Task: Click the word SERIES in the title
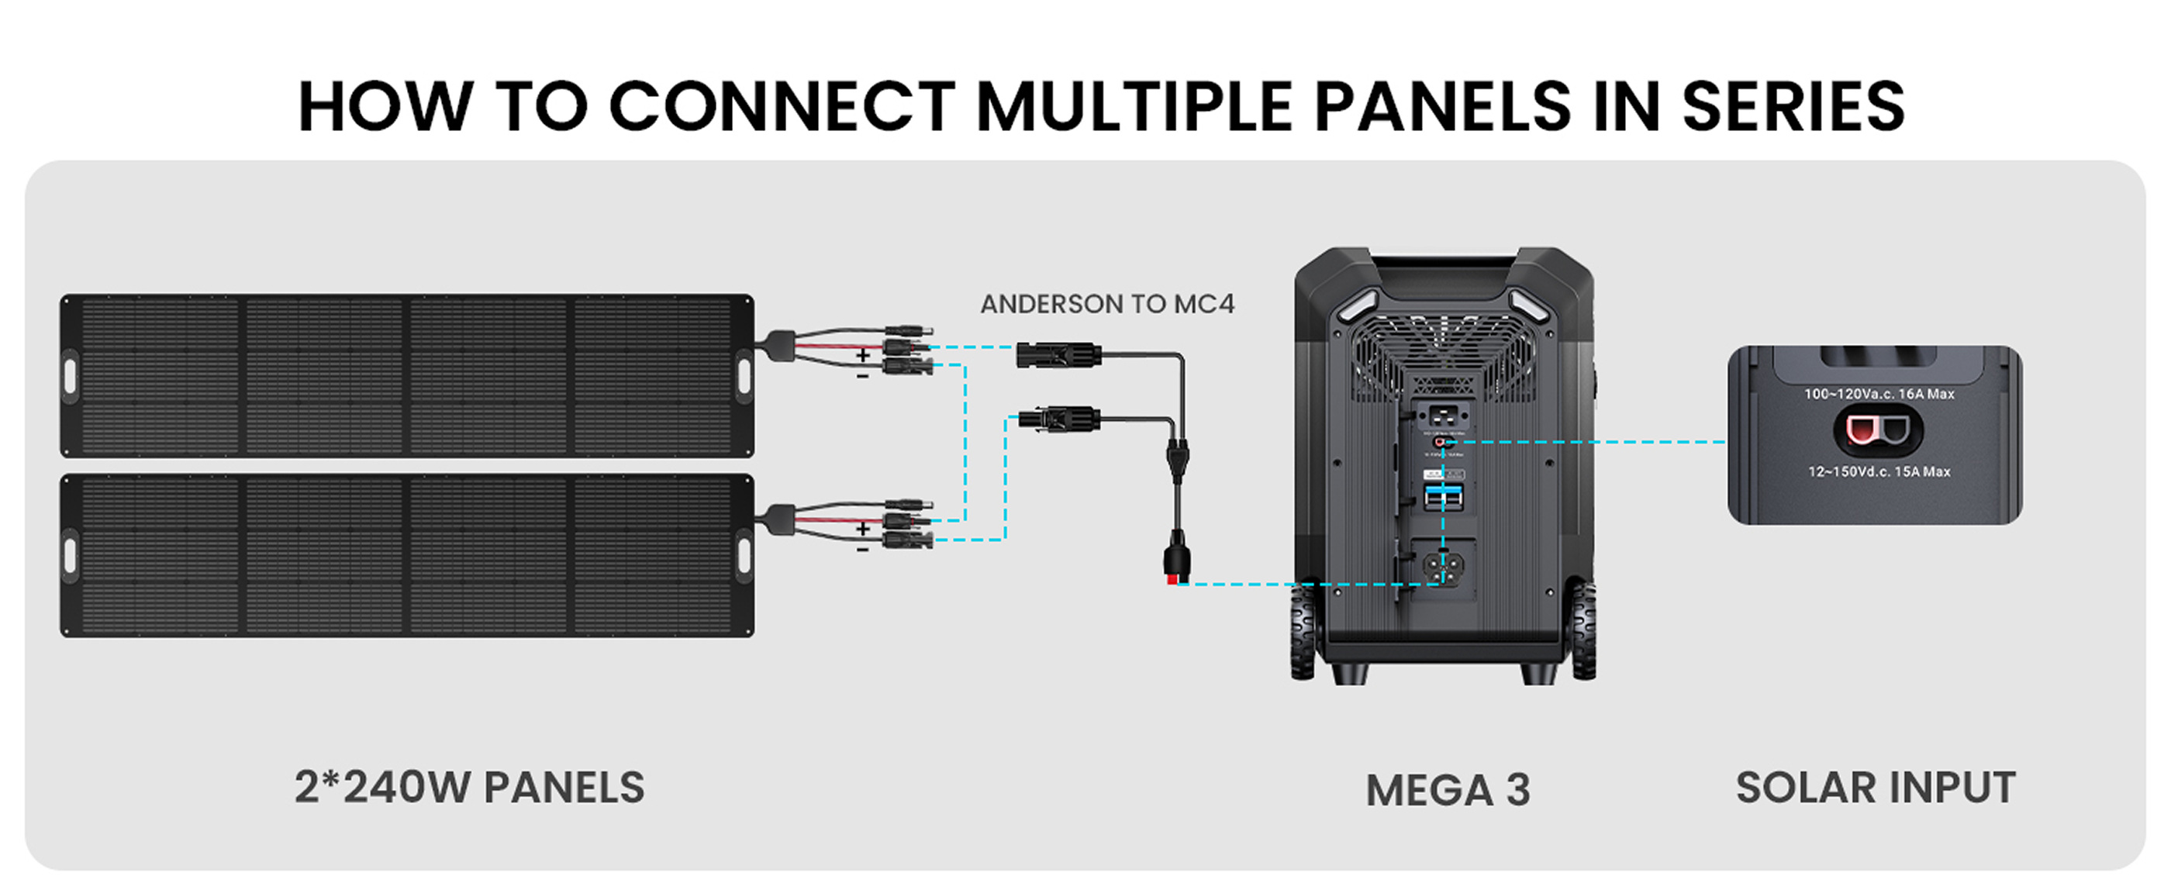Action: [1793, 106]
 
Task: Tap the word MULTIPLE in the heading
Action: [1135, 106]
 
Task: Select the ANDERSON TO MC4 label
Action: [1106, 304]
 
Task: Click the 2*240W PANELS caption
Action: [469, 787]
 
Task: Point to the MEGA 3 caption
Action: [1447, 790]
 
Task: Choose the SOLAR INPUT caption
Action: [1875, 787]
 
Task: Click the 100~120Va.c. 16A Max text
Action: [1879, 394]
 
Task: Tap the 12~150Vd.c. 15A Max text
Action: [1879, 471]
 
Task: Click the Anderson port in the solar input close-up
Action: [1878, 431]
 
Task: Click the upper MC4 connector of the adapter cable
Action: [1058, 354]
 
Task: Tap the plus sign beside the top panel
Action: [862, 355]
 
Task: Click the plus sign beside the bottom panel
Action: [862, 529]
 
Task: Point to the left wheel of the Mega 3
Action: [1303, 628]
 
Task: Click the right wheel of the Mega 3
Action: [1583, 628]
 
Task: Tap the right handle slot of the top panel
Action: [744, 375]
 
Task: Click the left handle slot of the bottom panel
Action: [70, 555]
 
